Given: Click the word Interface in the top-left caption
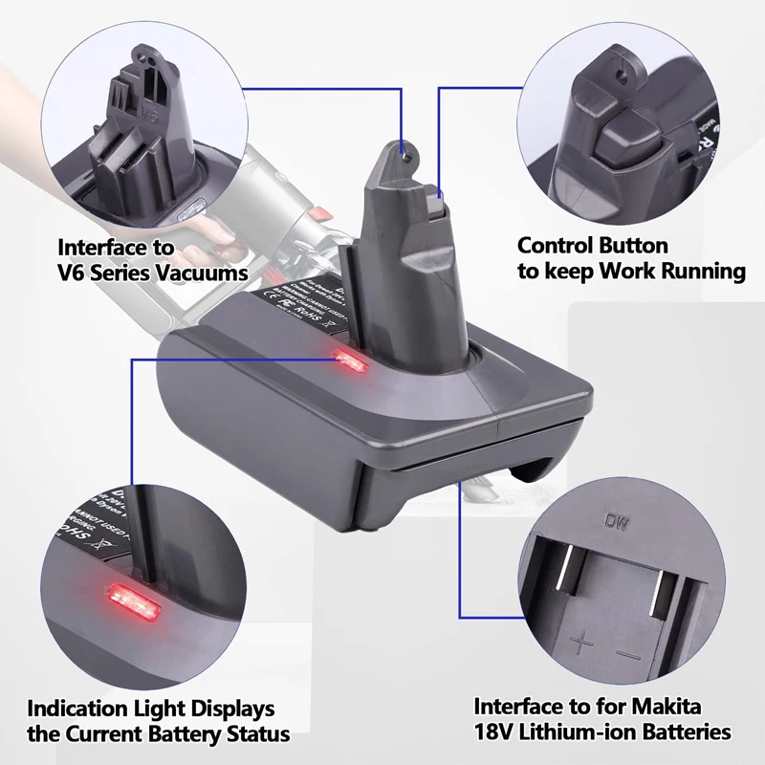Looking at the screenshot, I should tap(100, 247).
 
